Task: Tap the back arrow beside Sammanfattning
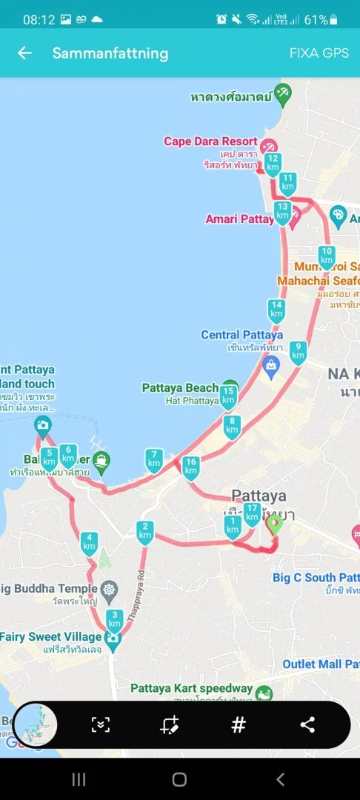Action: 25,53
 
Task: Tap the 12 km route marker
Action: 273,163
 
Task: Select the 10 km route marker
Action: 326,255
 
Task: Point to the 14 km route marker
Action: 276,310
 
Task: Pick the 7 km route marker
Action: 154,459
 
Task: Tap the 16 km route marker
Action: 190,467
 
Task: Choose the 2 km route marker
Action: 145,531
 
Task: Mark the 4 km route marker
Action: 90,543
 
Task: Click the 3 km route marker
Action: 114,619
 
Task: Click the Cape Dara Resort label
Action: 210,141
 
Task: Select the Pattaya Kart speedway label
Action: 191,688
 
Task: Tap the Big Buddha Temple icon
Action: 110,590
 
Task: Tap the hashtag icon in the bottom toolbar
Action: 239,725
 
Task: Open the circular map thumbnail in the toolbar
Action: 36,724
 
